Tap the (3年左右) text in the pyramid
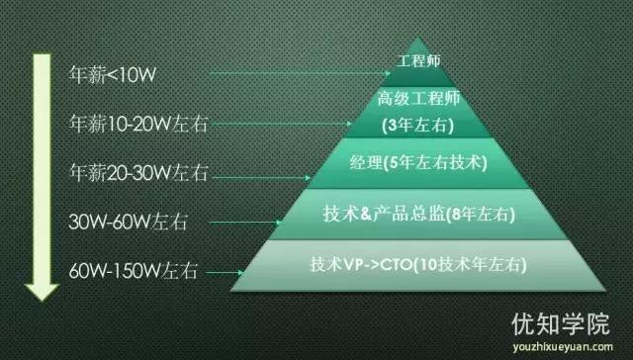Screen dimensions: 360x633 click(413, 127)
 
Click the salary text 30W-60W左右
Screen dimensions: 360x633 click(123, 221)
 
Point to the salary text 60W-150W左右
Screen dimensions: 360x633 click(130, 269)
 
